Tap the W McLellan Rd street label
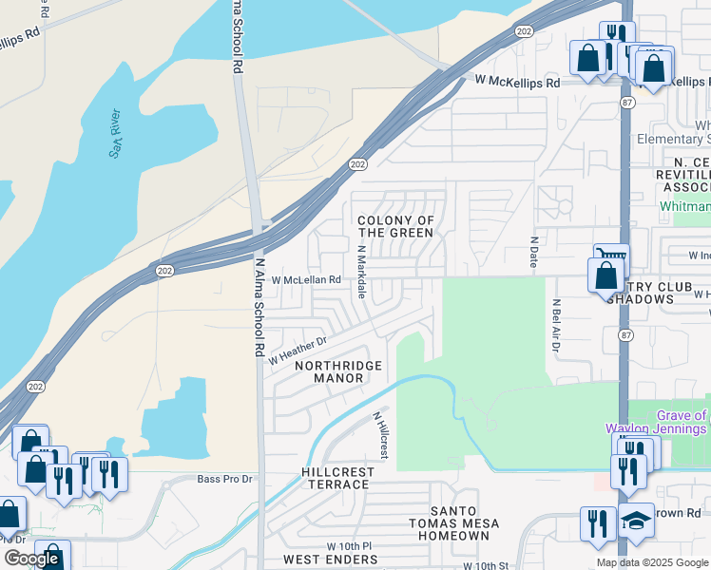point(306,280)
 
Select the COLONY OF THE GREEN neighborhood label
point(395,226)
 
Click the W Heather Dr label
point(297,351)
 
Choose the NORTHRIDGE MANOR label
point(338,371)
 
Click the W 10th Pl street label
point(349,546)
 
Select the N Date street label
point(534,253)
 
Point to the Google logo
point(31,559)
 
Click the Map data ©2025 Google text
point(652,562)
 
